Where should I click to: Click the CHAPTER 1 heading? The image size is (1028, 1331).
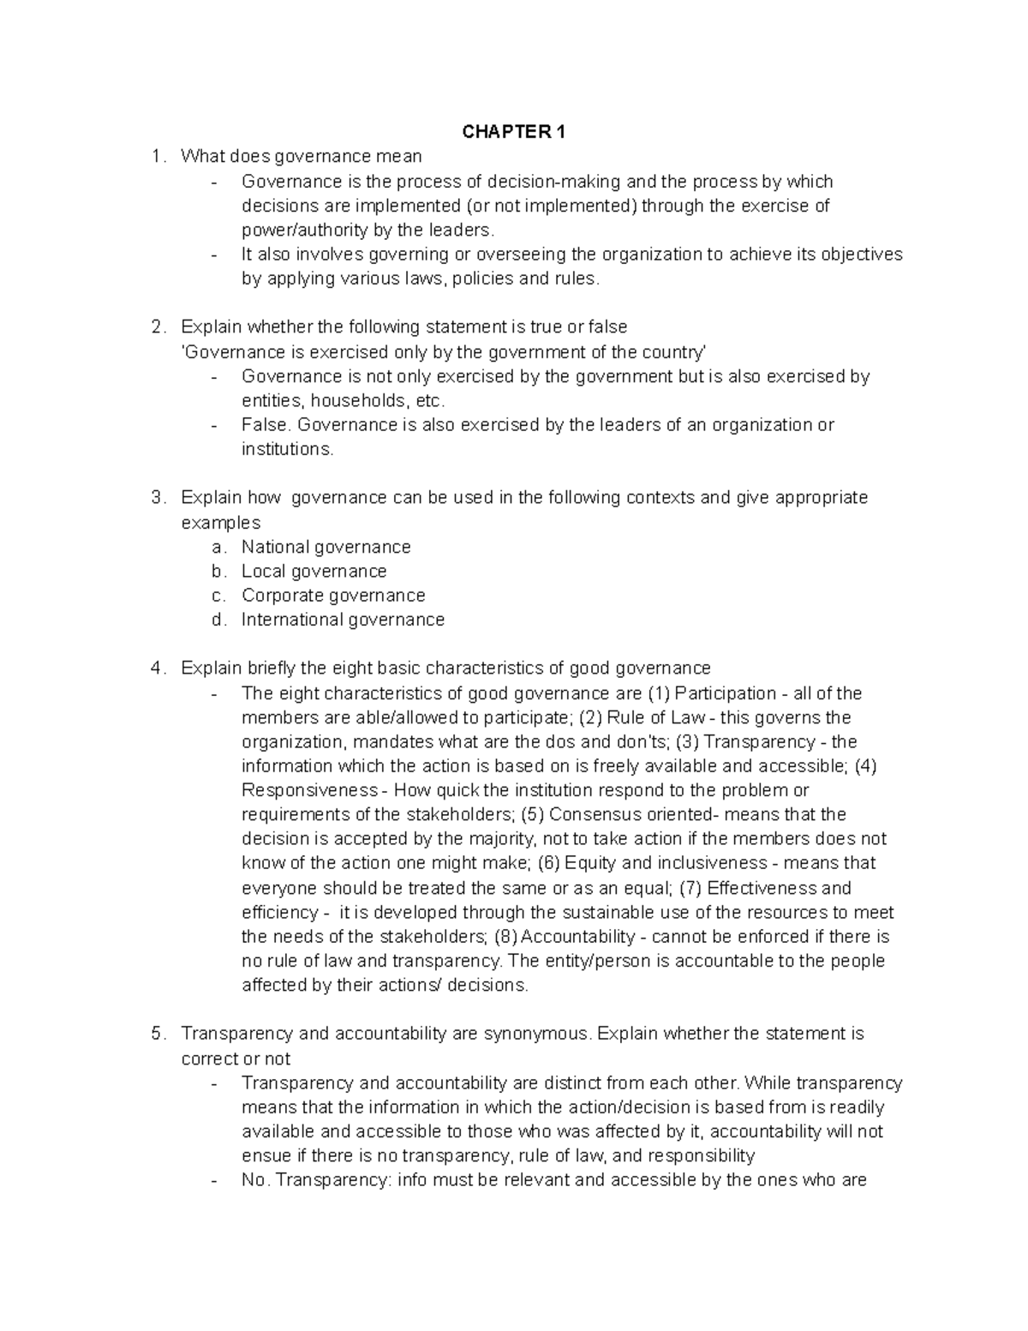tap(514, 132)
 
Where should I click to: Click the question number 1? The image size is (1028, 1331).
tap(155, 157)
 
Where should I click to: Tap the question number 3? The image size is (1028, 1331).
tap(155, 498)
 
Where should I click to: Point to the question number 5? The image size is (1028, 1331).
tap(155, 1034)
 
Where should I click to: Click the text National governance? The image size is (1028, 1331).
tap(326, 547)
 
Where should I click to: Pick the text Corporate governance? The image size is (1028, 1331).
tap(332, 596)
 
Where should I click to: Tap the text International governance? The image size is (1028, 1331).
tap(343, 620)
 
